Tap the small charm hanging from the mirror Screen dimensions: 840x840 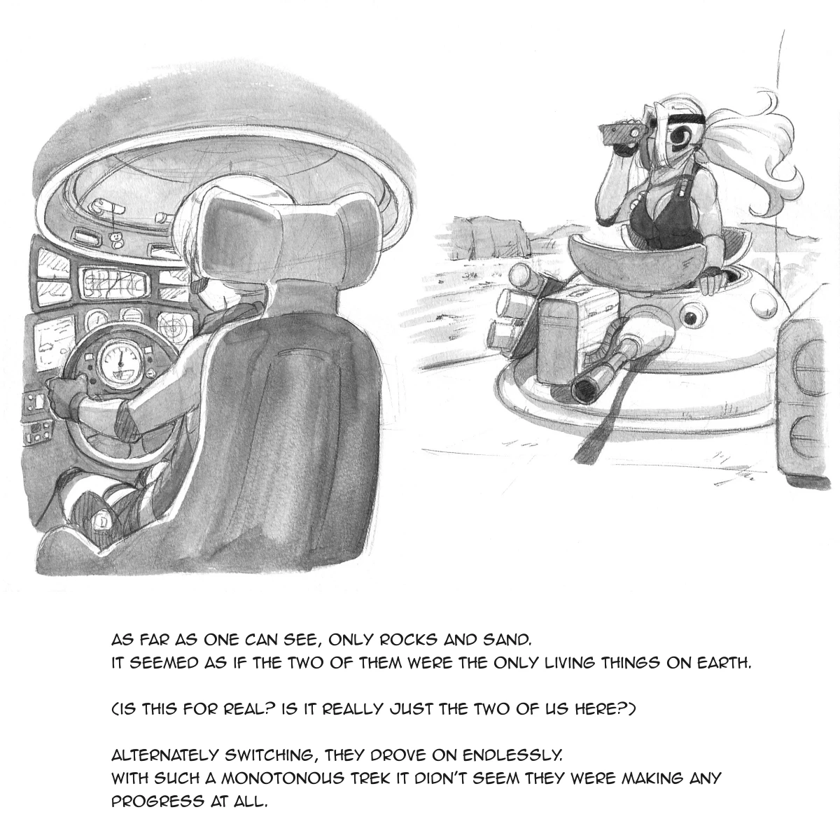pyautogui.click(x=116, y=240)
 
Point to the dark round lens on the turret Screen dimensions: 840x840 pyautogui.click(x=692, y=318)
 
